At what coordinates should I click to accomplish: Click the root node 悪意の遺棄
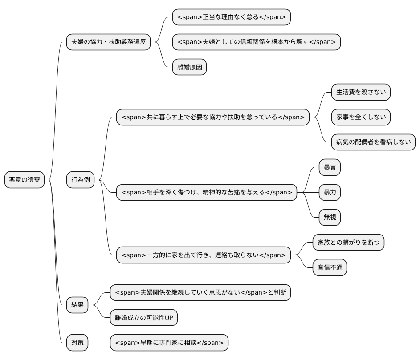click(24, 180)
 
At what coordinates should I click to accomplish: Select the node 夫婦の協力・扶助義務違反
click(108, 42)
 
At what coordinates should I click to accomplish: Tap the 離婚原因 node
click(189, 67)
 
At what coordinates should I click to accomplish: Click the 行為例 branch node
click(81, 180)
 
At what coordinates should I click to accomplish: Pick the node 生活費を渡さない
click(360, 92)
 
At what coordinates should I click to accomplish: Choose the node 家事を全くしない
click(360, 117)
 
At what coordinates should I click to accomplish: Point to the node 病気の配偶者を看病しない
click(373, 142)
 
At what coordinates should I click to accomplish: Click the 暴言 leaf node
click(330, 167)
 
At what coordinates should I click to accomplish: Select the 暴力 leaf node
click(330, 192)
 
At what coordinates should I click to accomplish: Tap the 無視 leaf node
click(330, 217)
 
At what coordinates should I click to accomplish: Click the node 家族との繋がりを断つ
click(348, 243)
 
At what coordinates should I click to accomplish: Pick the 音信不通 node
click(329, 267)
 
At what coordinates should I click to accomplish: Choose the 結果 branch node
click(77, 305)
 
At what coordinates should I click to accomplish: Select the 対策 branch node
click(77, 343)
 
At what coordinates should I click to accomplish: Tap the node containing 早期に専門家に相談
click(169, 343)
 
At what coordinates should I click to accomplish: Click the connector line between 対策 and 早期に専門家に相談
click(99, 343)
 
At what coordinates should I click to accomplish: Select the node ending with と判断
click(200, 292)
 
